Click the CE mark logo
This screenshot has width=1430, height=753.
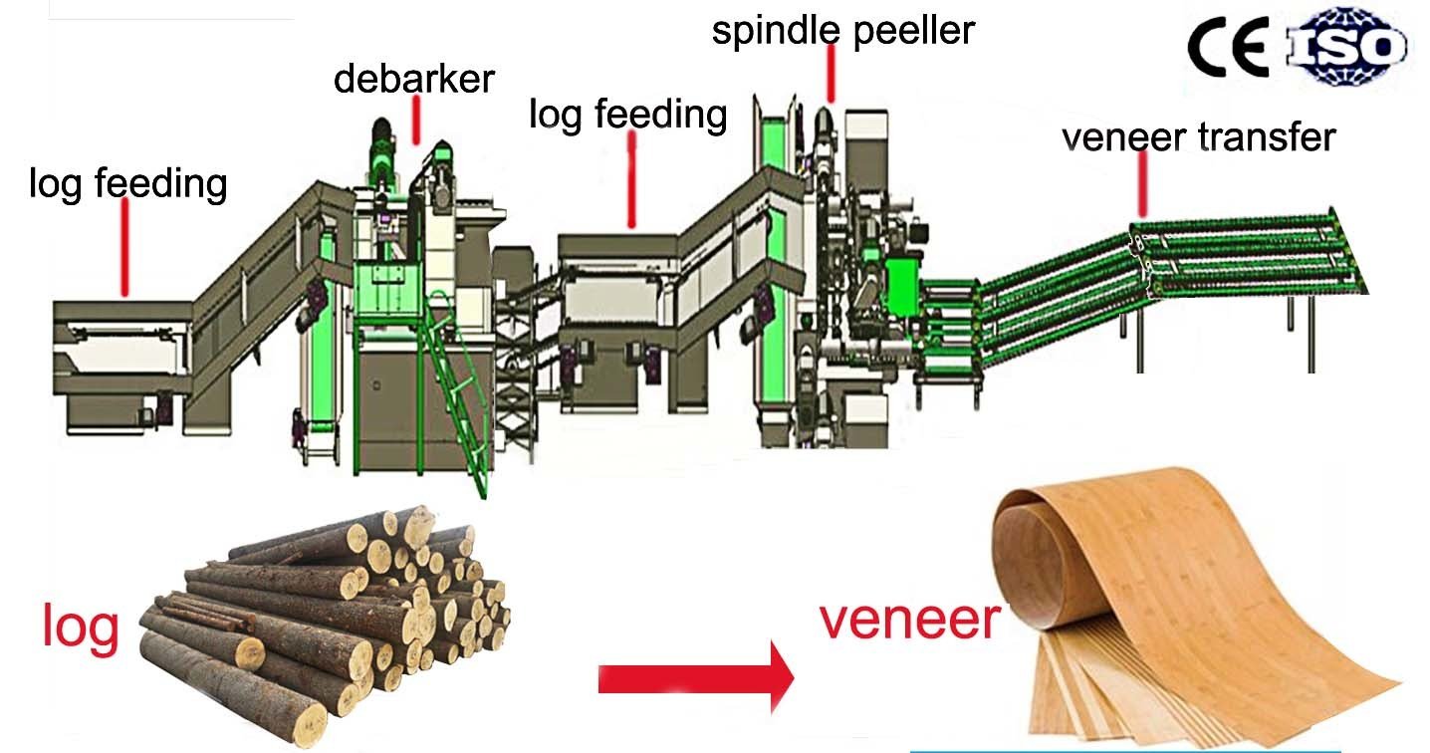[1226, 46]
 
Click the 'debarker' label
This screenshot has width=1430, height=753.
[413, 79]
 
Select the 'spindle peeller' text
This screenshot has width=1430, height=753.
[842, 30]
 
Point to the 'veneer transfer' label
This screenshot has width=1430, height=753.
[1199, 136]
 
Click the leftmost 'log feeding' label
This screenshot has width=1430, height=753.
[128, 183]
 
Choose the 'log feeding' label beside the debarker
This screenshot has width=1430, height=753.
[628, 114]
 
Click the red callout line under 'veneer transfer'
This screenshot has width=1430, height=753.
[1142, 189]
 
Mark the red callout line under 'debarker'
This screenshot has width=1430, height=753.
[416, 124]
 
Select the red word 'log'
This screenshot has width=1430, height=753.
[81, 627]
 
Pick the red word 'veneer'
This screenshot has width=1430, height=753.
[909, 620]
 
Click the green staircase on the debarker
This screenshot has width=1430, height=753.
[458, 398]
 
